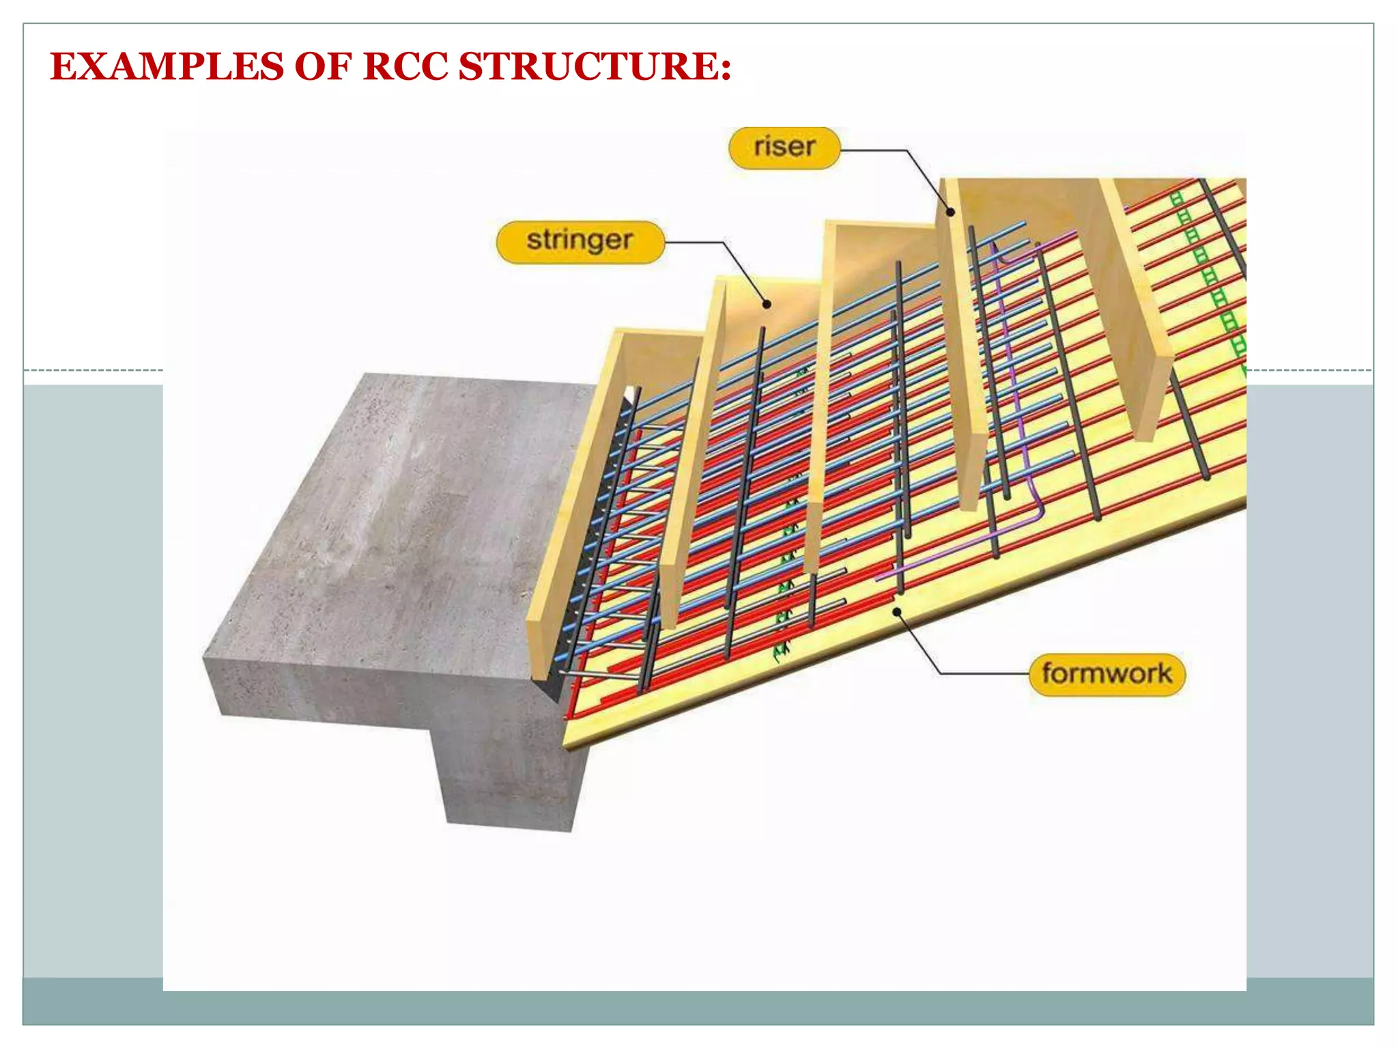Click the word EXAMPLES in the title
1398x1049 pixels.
point(167,67)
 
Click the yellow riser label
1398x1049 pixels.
point(784,148)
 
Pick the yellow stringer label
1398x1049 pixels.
point(580,241)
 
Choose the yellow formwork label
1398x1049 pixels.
point(1107,674)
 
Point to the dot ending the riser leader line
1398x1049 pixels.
point(950,212)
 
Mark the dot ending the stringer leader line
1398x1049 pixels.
point(767,305)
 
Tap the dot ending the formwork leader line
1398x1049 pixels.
point(897,612)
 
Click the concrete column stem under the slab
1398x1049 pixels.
point(509,779)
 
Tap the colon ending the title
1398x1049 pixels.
point(725,68)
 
